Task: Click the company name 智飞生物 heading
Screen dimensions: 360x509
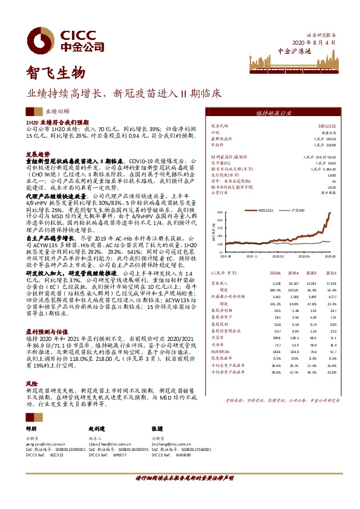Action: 54,74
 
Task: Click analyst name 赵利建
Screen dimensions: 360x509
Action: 97,427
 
